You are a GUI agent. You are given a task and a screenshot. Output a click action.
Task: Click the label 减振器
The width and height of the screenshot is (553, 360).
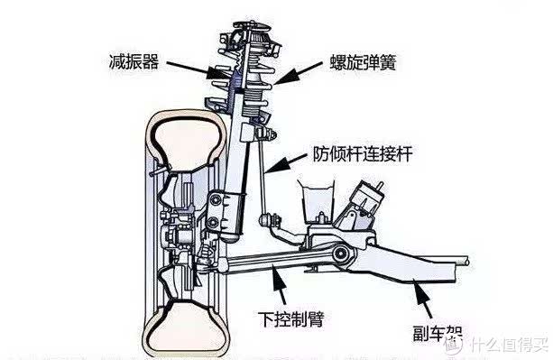pyautogui.click(x=134, y=61)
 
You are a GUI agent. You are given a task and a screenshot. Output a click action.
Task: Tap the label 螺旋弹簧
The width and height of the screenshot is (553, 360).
pyautogui.click(x=363, y=62)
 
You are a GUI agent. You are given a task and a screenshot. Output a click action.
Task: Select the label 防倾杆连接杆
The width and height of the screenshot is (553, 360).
pyautogui.click(x=363, y=153)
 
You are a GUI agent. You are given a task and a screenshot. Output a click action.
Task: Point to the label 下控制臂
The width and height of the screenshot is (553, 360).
pyautogui.click(x=291, y=319)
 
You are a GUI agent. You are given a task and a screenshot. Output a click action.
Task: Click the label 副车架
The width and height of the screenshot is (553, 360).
pyautogui.click(x=438, y=333)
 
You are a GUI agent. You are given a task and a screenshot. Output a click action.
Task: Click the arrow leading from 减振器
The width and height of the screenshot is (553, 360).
pyautogui.click(x=198, y=69)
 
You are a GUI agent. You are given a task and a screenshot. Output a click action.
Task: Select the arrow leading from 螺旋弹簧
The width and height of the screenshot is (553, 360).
pyautogui.click(x=298, y=74)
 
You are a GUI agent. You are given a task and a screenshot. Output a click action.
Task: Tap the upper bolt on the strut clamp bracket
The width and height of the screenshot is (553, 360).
pyautogui.click(x=215, y=200)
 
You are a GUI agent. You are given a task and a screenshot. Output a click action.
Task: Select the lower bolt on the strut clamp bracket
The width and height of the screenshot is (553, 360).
pyautogui.click(x=213, y=223)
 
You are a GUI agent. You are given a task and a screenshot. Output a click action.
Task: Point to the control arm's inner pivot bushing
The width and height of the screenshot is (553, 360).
pyautogui.click(x=340, y=254)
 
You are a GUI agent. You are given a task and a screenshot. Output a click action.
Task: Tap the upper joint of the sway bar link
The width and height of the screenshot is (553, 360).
pyautogui.click(x=265, y=134)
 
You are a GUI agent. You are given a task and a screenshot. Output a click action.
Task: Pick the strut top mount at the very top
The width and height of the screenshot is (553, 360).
pyautogui.click(x=253, y=27)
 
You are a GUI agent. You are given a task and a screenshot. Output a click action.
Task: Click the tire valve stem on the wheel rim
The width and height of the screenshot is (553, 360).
pyautogui.click(x=160, y=171)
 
